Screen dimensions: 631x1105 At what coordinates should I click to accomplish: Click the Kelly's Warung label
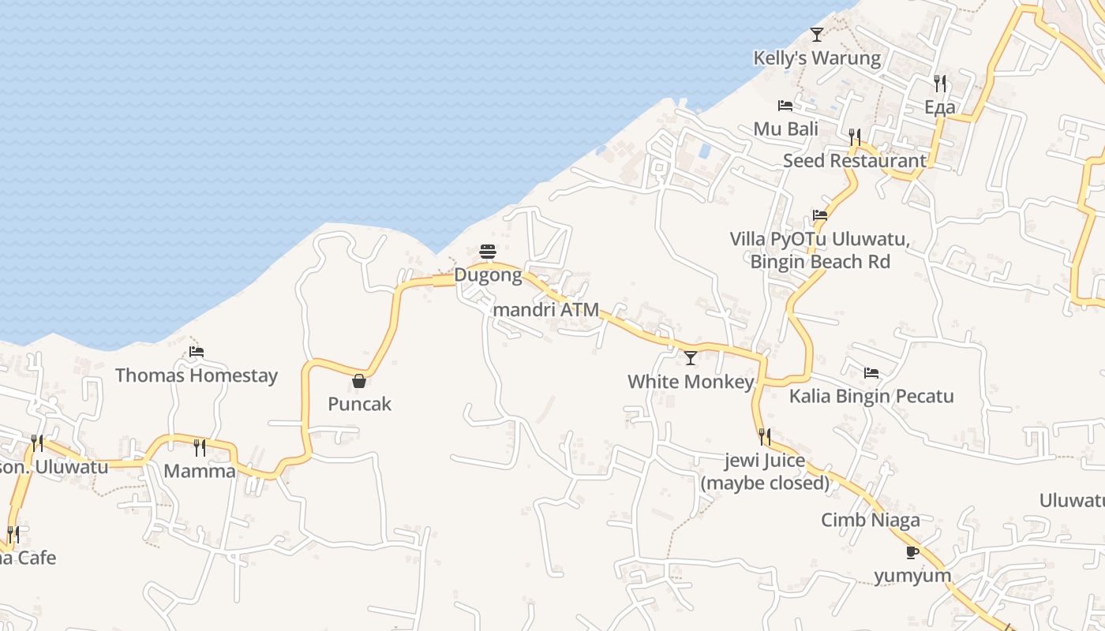(817, 58)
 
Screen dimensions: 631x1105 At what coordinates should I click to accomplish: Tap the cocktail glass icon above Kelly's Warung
(817, 35)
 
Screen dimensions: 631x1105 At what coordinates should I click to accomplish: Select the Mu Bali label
(785, 129)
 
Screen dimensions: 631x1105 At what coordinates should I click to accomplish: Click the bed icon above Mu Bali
(785, 106)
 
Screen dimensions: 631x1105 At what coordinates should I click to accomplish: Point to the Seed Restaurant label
(854, 161)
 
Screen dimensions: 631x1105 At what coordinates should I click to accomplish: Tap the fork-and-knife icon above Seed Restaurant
(855, 136)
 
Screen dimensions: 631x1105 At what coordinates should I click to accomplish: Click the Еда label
(939, 107)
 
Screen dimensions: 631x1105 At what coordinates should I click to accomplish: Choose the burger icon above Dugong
(488, 252)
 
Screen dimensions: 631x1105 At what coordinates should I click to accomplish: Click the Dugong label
(488, 276)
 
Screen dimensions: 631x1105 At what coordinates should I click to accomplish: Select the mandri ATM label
(545, 310)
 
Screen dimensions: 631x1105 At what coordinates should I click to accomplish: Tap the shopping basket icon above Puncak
(359, 382)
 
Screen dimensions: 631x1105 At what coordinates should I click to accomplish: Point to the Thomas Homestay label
(197, 375)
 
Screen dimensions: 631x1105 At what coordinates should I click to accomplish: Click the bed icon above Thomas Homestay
(197, 352)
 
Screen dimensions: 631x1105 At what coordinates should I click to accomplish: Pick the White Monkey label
(691, 382)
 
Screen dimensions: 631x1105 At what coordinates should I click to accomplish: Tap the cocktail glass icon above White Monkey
(691, 358)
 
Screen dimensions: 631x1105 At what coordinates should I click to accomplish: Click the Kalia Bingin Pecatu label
(871, 396)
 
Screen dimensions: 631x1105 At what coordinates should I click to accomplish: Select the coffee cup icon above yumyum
(912, 552)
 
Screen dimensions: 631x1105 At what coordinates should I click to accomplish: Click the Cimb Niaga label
(871, 521)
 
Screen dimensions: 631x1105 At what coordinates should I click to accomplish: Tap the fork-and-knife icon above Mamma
(200, 448)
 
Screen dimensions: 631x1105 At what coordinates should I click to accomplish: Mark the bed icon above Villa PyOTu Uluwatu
(820, 215)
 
